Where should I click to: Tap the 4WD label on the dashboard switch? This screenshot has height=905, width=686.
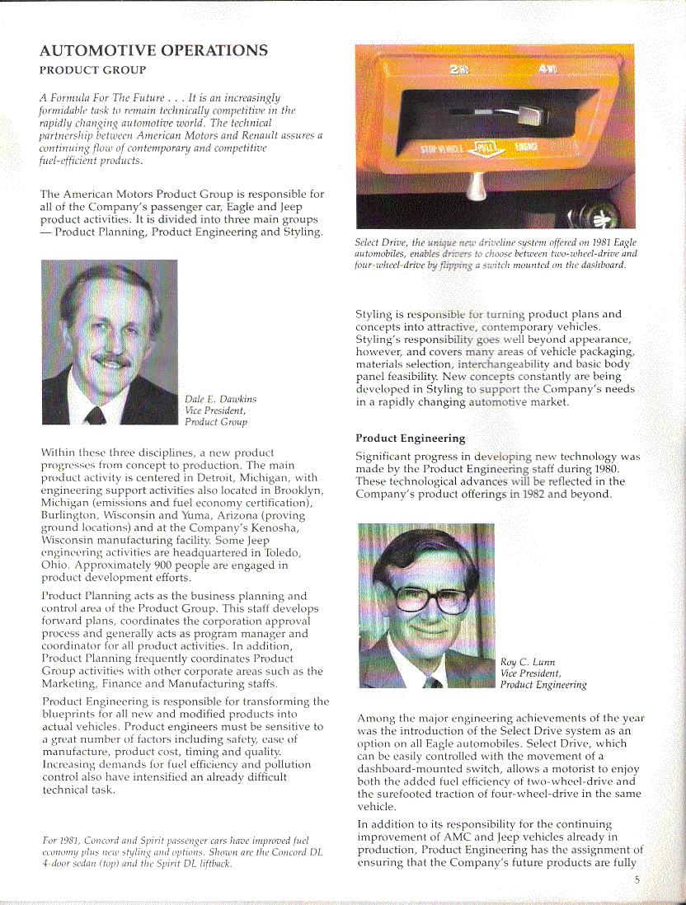click(547, 70)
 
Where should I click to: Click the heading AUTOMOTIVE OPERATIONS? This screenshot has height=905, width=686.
click(153, 50)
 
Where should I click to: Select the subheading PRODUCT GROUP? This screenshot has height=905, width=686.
click(92, 70)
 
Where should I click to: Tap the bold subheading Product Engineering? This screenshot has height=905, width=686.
click(410, 438)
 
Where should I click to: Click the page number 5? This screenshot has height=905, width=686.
click(637, 879)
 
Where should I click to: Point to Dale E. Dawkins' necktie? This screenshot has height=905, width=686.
click(96, 414)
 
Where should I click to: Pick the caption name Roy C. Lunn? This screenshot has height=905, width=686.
click(528, 662)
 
